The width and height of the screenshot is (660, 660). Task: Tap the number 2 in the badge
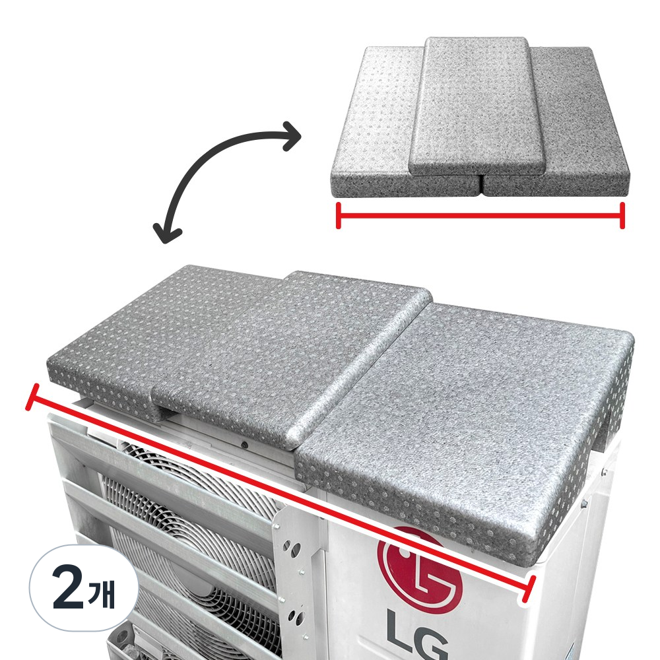point(68,587)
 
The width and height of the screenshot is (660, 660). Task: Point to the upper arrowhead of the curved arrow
point(292,135)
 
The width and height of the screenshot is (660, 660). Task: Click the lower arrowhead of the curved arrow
point(166,233)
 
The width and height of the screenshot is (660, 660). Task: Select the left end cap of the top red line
point(339,216)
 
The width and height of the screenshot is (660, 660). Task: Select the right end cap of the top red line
point(622,216)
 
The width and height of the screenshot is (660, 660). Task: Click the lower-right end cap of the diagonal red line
point(528,589)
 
